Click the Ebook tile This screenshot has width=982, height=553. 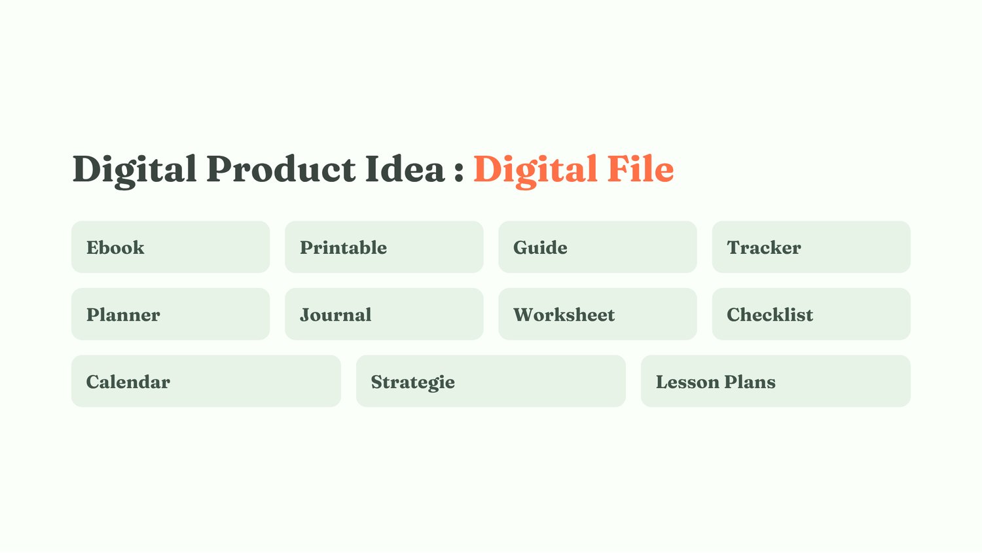click(x=170, y=247)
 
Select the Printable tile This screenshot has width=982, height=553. click(x=384, y=247)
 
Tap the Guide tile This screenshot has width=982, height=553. click(x=598, y=247)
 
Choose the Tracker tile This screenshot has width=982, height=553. click(x=811, y=247)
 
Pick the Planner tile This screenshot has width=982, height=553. click(x=170, y=314)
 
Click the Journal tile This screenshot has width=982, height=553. click(x=384, y=314)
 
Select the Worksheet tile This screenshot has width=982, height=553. click(x=598, y=314)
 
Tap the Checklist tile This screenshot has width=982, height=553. click(x=811, y=314)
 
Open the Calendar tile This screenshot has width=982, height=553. click(x=206, y=382)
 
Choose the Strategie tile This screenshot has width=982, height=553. click(x=490, y=382)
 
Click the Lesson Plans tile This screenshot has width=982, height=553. click(x=776, y=382)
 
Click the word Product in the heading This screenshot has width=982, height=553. click(x=281, y=169)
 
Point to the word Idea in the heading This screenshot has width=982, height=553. click(x=405, y=169)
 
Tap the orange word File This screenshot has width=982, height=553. click(x=640, y=169)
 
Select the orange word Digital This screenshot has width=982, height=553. click(x=536, y=171)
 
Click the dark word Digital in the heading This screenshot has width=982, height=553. click(x=134, y=171)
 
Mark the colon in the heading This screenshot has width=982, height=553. click(x=459, y=171)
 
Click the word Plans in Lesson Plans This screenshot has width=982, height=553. click(x=750, y=382)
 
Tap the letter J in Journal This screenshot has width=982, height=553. click(x=304, y=315)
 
